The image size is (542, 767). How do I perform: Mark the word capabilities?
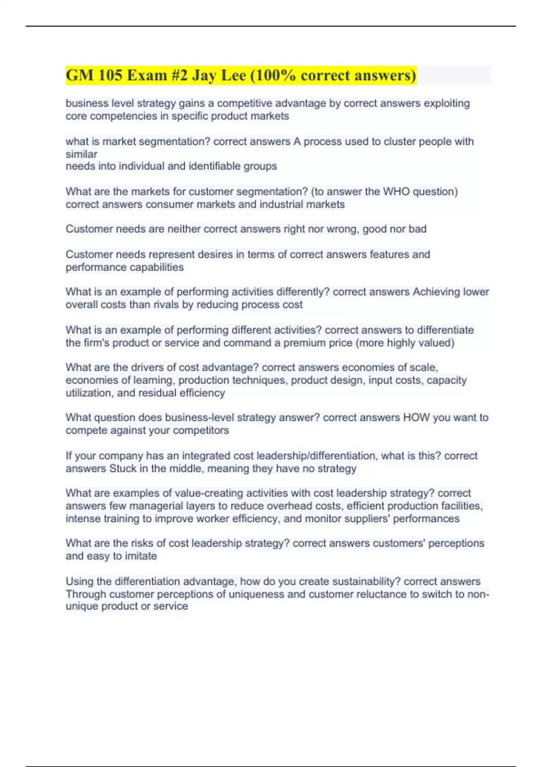point(154,267)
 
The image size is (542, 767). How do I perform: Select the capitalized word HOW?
point(416,418)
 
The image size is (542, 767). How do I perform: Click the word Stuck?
point(123,469)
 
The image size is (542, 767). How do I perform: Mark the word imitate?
point(140,556)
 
